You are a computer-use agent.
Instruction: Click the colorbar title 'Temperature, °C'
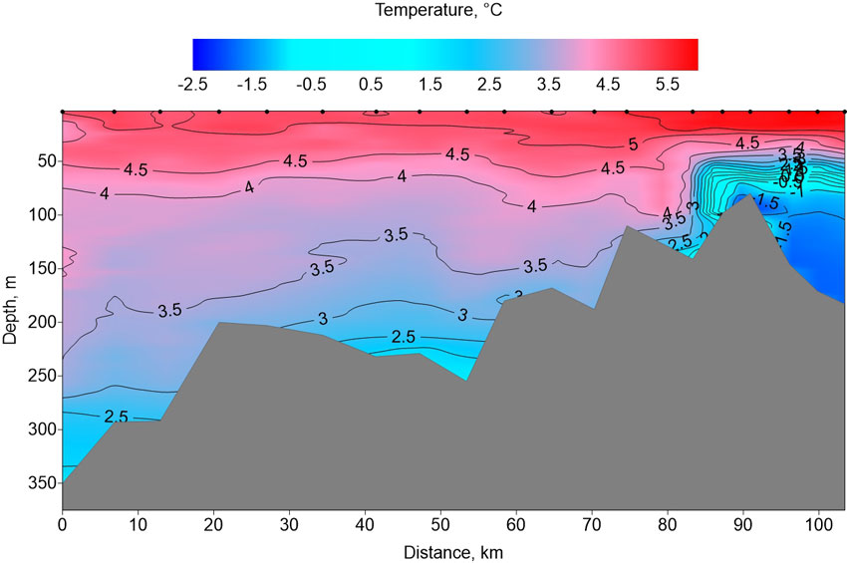444,12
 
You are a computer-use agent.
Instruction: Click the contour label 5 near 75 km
633,145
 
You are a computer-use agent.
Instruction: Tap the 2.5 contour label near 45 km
404,337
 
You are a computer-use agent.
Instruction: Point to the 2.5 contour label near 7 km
116,415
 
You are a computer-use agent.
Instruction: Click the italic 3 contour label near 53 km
462,315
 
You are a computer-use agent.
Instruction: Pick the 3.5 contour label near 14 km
169,310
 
